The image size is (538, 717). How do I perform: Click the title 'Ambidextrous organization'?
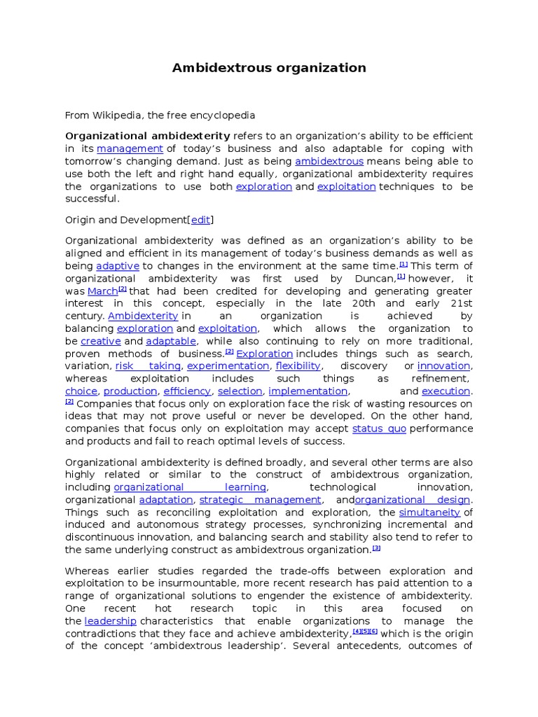tap(269, 68)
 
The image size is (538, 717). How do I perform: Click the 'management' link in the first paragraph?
tap(130, 149)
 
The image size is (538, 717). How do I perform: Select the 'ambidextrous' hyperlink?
tap(329, 162)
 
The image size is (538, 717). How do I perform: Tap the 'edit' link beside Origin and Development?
tap(200, 221)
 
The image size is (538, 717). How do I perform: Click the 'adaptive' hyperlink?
tap(118, 266)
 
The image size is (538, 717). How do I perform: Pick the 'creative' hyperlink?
tap(101, 341)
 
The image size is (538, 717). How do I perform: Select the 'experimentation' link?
tap(228, 366)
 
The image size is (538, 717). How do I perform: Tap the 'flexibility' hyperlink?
tap(298, 366)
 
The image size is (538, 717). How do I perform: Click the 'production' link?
tap(131, 391)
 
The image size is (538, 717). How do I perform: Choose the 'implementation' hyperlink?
tap(308, 391)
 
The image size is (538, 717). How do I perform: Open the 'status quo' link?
tap(379, 429)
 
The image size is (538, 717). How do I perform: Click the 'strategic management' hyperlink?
tap(261, 500)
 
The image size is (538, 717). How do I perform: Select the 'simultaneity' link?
tap(429, 513)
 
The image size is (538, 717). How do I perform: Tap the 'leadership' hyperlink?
tap(110, 621)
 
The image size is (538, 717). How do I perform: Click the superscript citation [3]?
tap(376, 548)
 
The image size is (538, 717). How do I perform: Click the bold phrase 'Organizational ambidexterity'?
tap(147, 136)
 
